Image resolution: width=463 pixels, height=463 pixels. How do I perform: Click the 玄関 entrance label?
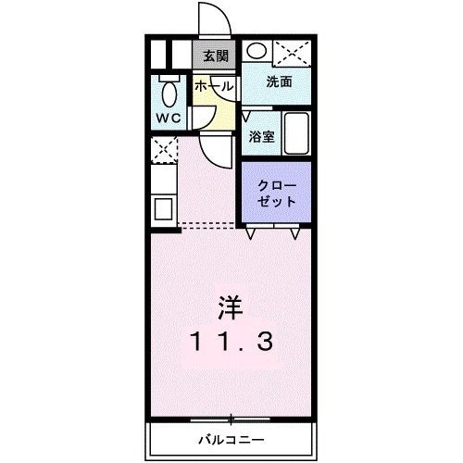click(x=216, y=56)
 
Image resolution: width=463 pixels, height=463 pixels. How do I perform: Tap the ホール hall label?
click(x=214, y=86)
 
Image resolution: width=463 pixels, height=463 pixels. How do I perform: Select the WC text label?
click(x=169, y=118)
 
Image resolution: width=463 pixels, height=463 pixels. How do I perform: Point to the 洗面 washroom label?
click(x=279, y=81)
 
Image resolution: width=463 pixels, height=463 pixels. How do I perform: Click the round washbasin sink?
click(x=257, y=50)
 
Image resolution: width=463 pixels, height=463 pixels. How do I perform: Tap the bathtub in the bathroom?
click(x=296, y=133)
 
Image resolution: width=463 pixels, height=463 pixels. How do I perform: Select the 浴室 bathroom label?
click(x=262, y=136)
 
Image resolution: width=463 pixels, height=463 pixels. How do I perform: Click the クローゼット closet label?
click(x=277, y=194)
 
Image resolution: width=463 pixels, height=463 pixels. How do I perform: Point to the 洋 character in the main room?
click(x=231, y=307)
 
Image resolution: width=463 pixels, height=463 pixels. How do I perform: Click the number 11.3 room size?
click(x=232, y=341)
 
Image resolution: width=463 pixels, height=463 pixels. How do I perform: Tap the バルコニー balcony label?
click(x=231, y=439)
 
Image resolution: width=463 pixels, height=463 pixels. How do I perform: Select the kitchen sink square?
click(x=163, y=208)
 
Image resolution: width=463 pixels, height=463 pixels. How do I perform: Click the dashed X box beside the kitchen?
click(x=164, y=150)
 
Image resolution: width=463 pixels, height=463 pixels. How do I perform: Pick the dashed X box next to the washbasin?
click(x=293, y=53)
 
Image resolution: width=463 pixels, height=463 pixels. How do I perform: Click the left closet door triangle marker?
click(x=251, y=233)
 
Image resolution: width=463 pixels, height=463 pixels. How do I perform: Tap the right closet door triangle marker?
click(x=295, y=233)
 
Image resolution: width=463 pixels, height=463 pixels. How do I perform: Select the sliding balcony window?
click(x=231, y=419)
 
